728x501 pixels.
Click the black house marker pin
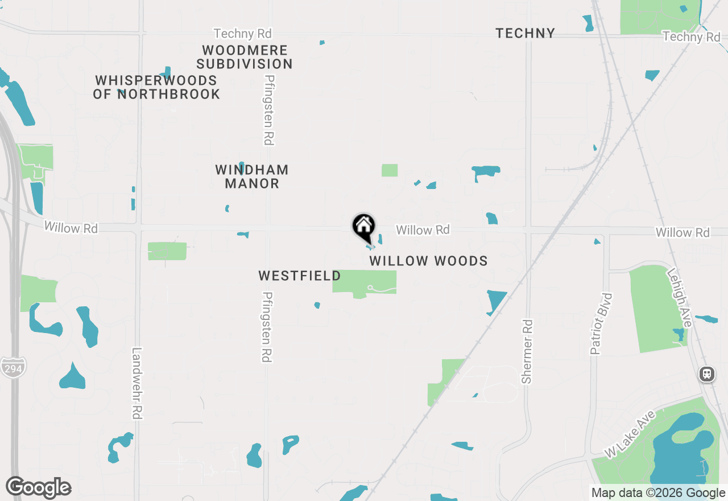pos(363,227)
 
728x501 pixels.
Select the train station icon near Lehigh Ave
pos(707,374)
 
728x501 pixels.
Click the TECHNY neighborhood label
pos(525,33)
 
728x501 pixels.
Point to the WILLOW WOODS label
pos(428,261)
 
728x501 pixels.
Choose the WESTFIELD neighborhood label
pos(300,276)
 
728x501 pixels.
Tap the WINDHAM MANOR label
pos(252,176)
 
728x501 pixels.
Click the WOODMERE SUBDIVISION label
pos(245,57)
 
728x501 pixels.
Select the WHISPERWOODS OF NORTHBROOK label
pos(156,87)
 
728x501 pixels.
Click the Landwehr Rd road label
pos(136,384)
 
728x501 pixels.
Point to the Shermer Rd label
pos(527,351)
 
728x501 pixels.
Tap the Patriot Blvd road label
pos(595,323)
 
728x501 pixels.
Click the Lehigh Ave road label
pos(680,297)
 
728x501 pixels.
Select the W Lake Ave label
pos(630,434)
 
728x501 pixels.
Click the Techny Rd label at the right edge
pos(691,37)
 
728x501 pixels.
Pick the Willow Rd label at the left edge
pos(71,228)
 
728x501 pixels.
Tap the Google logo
pos(38,487)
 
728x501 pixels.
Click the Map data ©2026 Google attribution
pos(658,493)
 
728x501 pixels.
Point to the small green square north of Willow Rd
pos(390,170)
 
